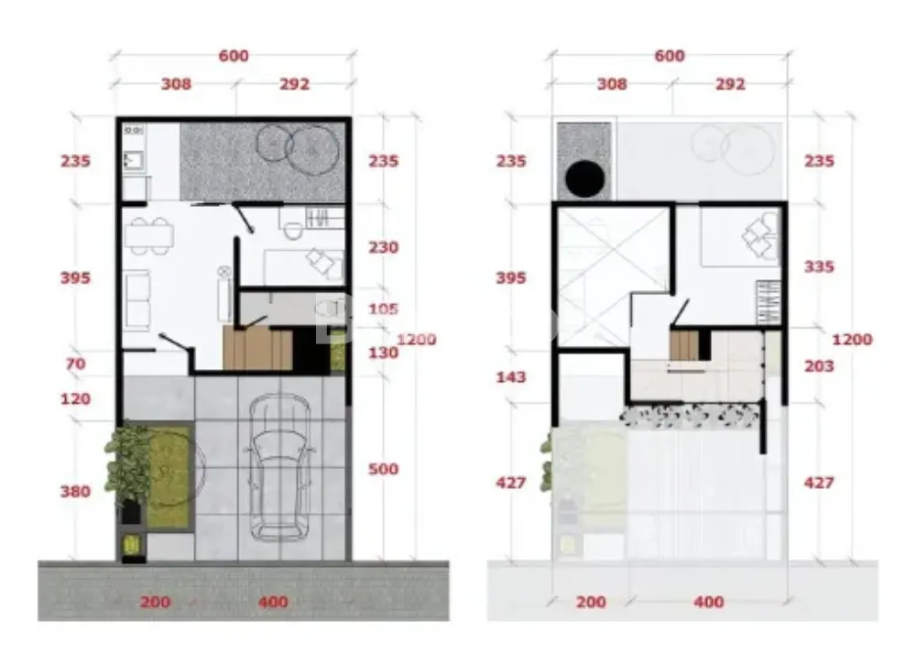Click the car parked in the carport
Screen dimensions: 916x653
tap(279, 467)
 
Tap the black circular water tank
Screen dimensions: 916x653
tap(584, 179)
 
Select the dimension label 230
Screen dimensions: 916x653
tap(383, 247)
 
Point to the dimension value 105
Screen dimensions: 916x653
tap(383, 309)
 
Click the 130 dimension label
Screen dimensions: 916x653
tap(383, 353)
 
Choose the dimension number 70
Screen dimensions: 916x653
tap(75, 365)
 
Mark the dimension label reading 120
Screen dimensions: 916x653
tap(75, 399)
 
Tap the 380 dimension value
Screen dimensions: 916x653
tap(75, 492)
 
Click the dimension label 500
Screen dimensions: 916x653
tap(383, 469)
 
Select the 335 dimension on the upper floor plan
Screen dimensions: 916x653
tap(819, 267)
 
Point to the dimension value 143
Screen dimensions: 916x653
tap(511, 377)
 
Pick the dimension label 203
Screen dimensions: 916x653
tap(819, 366)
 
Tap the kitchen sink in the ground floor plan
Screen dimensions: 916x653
tap(134, 159)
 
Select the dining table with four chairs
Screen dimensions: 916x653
tap(148, 236)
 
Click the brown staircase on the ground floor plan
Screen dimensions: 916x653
tap(257, 348)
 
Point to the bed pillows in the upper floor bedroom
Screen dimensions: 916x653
tap(760, 235)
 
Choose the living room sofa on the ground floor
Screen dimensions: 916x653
tap(136, 300)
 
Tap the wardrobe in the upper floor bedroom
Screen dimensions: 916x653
tap(769, 301)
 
